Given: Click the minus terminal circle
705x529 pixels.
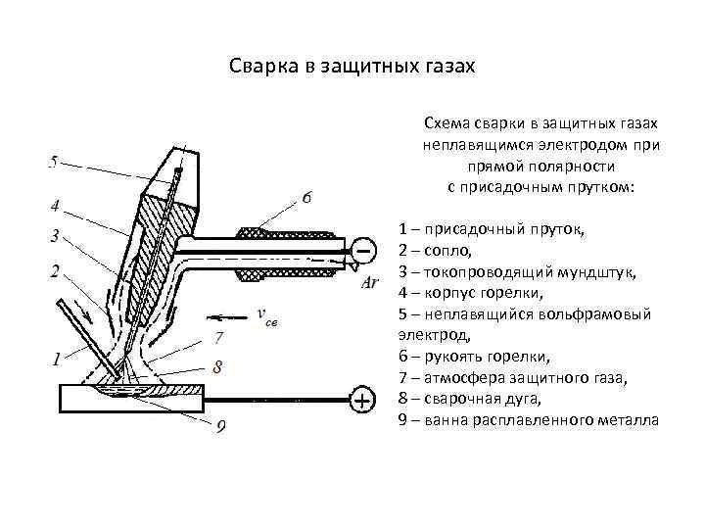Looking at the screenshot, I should [363, 249].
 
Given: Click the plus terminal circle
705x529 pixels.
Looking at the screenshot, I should [362, 401].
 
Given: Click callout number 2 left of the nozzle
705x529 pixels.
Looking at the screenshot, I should [55, 269].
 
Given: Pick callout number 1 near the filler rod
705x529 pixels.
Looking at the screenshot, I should [56, 359].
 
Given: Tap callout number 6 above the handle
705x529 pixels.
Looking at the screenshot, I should [308, 197].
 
